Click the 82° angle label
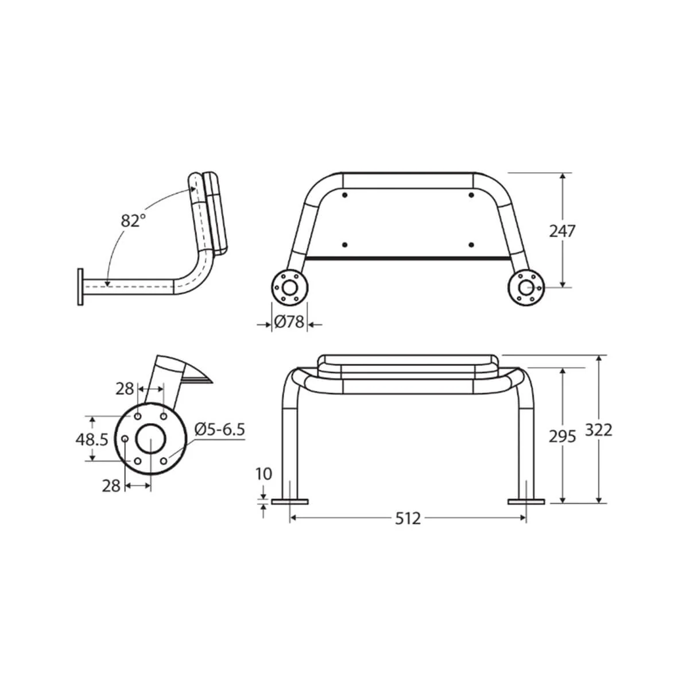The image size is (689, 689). [x=133, y=220]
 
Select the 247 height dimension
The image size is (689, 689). [x=562, y=231]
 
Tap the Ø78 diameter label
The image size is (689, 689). [x=289, y=323]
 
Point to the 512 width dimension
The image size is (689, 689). [x=408, y=518]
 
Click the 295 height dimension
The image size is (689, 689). [x=562, y=437]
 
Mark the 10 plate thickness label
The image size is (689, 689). [x=264, y=474]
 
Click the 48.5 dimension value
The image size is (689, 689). [x=92, y=439]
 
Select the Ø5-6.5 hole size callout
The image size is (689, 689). [x=220, y=429]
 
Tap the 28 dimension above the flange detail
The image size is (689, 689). [x=125, y=389]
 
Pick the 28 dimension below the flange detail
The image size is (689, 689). [x=111, y=486]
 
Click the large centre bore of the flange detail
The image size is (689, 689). [x=150, y=439]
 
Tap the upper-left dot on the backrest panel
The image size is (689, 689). [x=344, y=196]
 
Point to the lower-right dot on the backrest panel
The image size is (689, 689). [x=471, y=245]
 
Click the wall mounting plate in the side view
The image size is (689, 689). [x=81, y=285]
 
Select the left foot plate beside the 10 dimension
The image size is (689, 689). [x=289, y=502]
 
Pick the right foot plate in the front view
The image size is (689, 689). [x=526, y=502]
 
